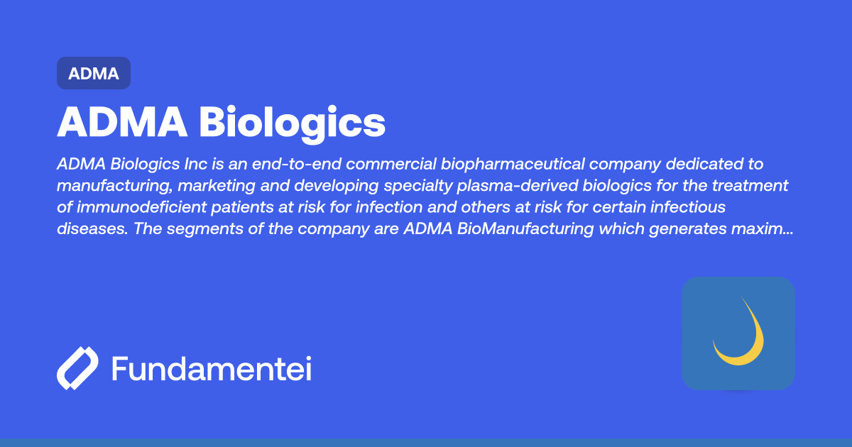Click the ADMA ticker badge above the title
tap(94, 73)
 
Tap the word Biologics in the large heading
tap(292, 123)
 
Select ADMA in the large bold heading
tap(122, 123)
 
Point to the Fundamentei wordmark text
tap(212, 369)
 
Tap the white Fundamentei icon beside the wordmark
tap(77, 369)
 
